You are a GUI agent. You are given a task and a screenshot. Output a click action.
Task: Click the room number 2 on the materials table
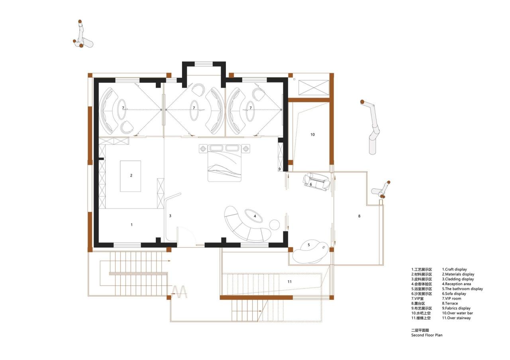point(131,175)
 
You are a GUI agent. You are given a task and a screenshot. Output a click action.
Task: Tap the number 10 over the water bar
point(312,135)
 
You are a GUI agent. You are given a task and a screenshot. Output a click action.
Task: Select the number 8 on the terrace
point(359,216)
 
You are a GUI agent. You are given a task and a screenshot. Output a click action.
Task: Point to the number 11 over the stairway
point(290,282)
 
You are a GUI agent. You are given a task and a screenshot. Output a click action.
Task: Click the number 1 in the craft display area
point(131,225)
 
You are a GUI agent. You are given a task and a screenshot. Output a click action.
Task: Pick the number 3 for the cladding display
point(170,216)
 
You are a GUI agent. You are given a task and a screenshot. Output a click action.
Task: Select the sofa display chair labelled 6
point(317,182)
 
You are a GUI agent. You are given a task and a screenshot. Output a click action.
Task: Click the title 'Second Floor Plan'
point(427,335)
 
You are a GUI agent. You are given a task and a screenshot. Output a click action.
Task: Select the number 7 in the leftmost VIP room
point(123,108)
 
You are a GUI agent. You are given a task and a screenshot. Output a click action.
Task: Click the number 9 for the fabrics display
point(280,169)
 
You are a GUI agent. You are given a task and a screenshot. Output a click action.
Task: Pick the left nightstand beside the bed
point(203,149)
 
